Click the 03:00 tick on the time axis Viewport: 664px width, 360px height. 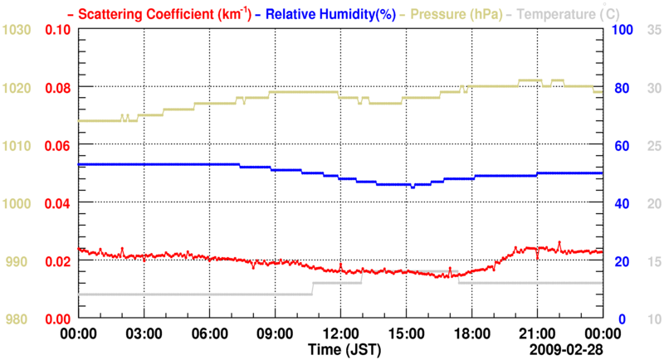(144, 333)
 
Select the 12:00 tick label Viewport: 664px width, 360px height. (341, 333)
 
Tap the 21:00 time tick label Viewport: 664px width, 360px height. (537, 333)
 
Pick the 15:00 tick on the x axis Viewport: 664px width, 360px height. (406, 333)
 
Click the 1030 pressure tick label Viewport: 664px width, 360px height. (17, 30)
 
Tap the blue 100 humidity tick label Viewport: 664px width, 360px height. (623, 30)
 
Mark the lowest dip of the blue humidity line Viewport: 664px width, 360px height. (413, 187)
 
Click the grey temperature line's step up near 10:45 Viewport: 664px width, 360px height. (313, 289)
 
